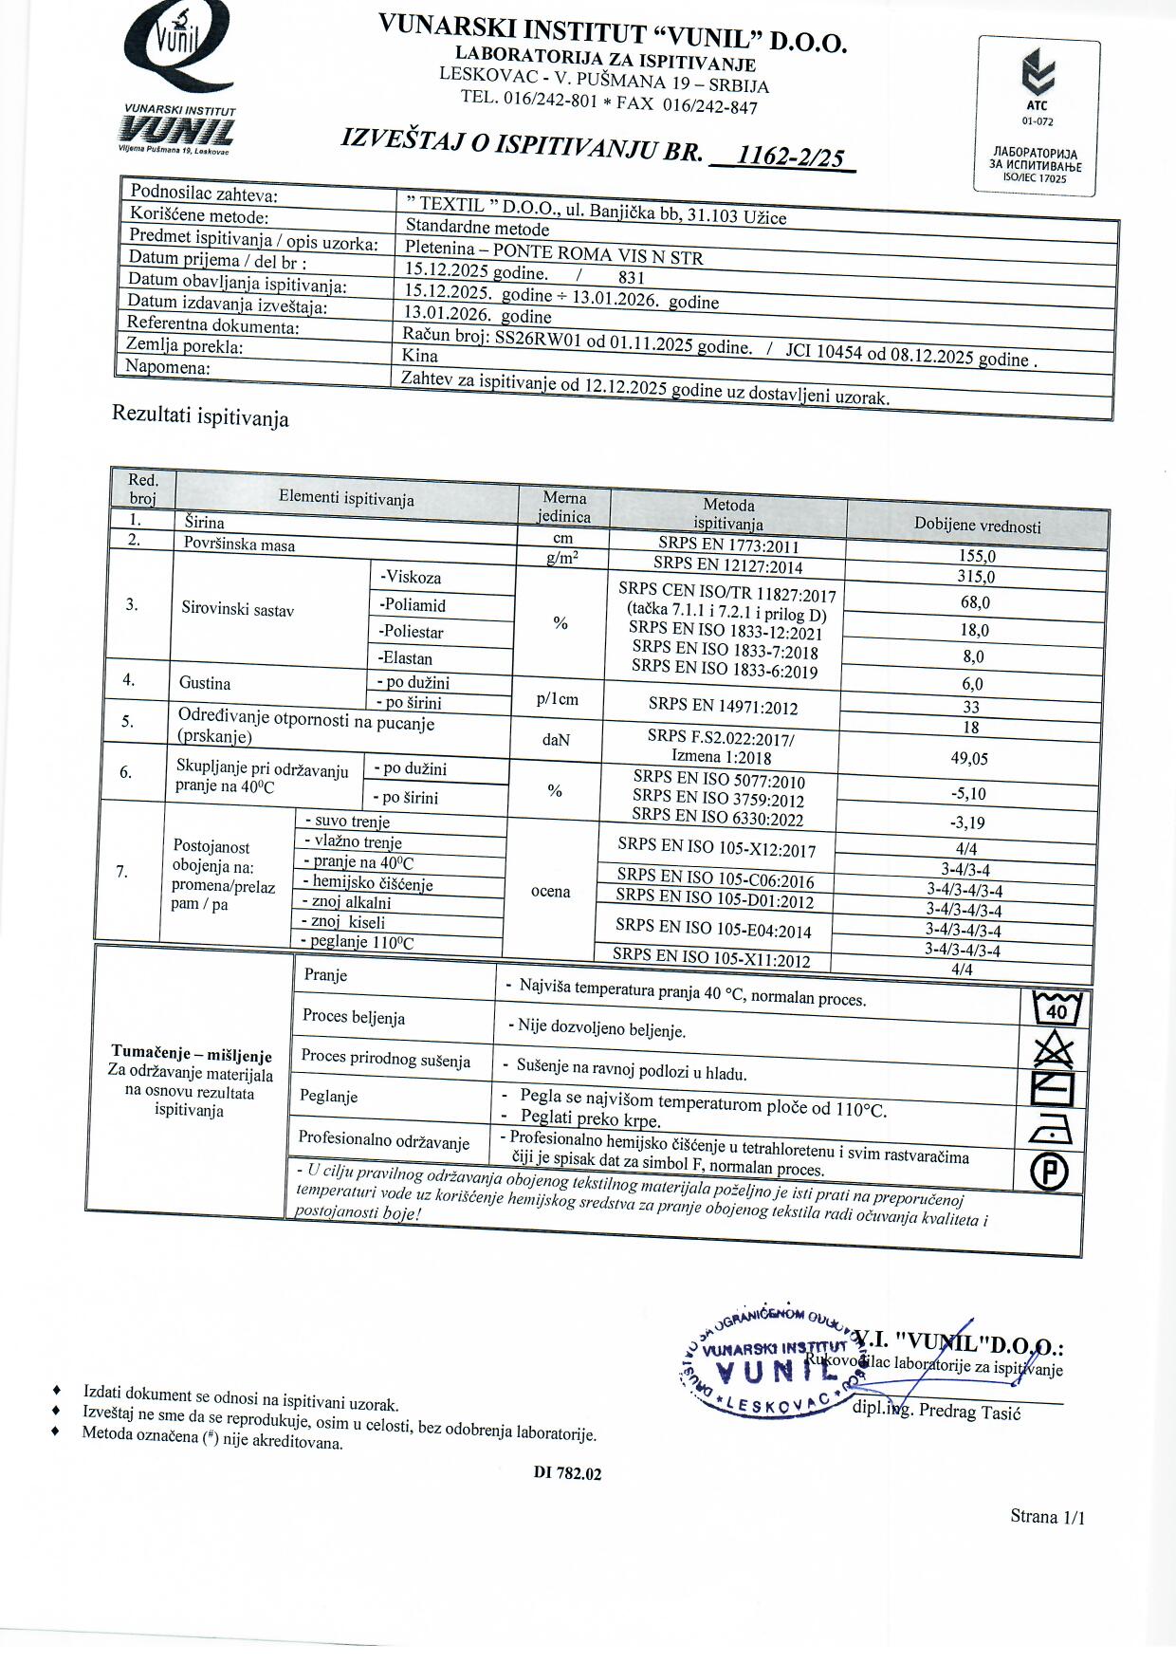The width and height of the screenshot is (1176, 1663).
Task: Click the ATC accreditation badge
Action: pyautogui.click(x=1038, y=115)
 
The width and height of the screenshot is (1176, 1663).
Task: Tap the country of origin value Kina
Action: pyautogui.click(x=419, y=355)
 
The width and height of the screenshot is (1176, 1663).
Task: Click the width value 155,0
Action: pyautogui.click(x=976, y=557)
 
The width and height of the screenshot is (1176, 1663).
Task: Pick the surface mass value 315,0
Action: pyautogui.click(x=976, y=576)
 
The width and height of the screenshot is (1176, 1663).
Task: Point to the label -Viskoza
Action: pyautogui.click(x=410, y=577)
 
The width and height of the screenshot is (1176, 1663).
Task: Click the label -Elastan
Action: pyautogui.click(x=405, y=657)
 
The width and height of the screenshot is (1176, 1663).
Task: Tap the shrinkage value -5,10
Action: pyautogui.click(x=968, y=793)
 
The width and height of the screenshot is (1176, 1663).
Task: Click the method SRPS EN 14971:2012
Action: pyautogui.click(x=723, y=707)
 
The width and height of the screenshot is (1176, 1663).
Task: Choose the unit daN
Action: pyautogui.click(x=556, y=738)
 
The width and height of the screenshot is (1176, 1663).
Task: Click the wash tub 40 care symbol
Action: pyautogui.click(x=1055, y=1007)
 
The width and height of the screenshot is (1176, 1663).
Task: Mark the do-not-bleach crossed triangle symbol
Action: pyautogui.click(x=1053, y=1049)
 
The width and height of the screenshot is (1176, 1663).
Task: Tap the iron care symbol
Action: pyautogui.click(x=1051, y=1129)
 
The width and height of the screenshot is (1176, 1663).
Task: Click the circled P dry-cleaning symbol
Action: pyautogui.click(x=1049, y=1171)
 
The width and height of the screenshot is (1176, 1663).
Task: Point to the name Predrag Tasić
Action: pyautogui.click(x=969, y=1412)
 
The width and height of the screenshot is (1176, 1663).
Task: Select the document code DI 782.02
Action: pyautogui.click(x=567, y=1473)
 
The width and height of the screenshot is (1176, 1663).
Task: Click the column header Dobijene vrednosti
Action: pyautogui.click(x=977, y=526)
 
